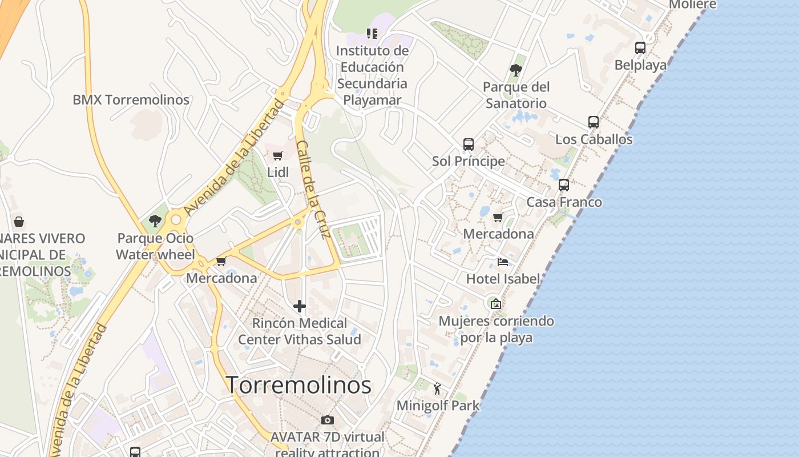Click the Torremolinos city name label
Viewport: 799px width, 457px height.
[x=299, y=385]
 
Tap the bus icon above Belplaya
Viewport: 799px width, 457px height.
[x=640, y=48]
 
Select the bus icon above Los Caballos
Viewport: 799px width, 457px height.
[x=594, y=122]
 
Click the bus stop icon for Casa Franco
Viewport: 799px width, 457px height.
[x=564, y=185]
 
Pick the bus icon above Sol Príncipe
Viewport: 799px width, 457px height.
[x=469, y=145]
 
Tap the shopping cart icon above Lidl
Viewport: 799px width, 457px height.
[x=278, y=155]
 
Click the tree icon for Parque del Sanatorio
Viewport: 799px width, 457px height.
[x=516, y=70]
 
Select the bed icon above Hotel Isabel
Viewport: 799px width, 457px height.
[x=503, y=262]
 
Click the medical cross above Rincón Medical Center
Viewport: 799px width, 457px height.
[x=300, y=307]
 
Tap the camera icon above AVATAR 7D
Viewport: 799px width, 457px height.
[x=328, y=420]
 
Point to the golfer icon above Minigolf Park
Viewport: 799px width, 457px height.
[x=438, y=389]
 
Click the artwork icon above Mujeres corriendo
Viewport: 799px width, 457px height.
[x=496, y=304]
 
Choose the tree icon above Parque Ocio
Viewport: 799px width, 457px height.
[x=155, y=221]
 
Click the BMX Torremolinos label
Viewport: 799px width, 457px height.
[x=131, y=100]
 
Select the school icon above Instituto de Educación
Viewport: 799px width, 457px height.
[x=372, y=34]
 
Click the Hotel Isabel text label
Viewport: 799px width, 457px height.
[x=503, y=279]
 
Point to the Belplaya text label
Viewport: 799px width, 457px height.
[x=640, y=65]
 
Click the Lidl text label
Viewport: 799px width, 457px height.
[x=278, y=172]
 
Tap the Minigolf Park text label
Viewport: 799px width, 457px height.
[x=438, y=406]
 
